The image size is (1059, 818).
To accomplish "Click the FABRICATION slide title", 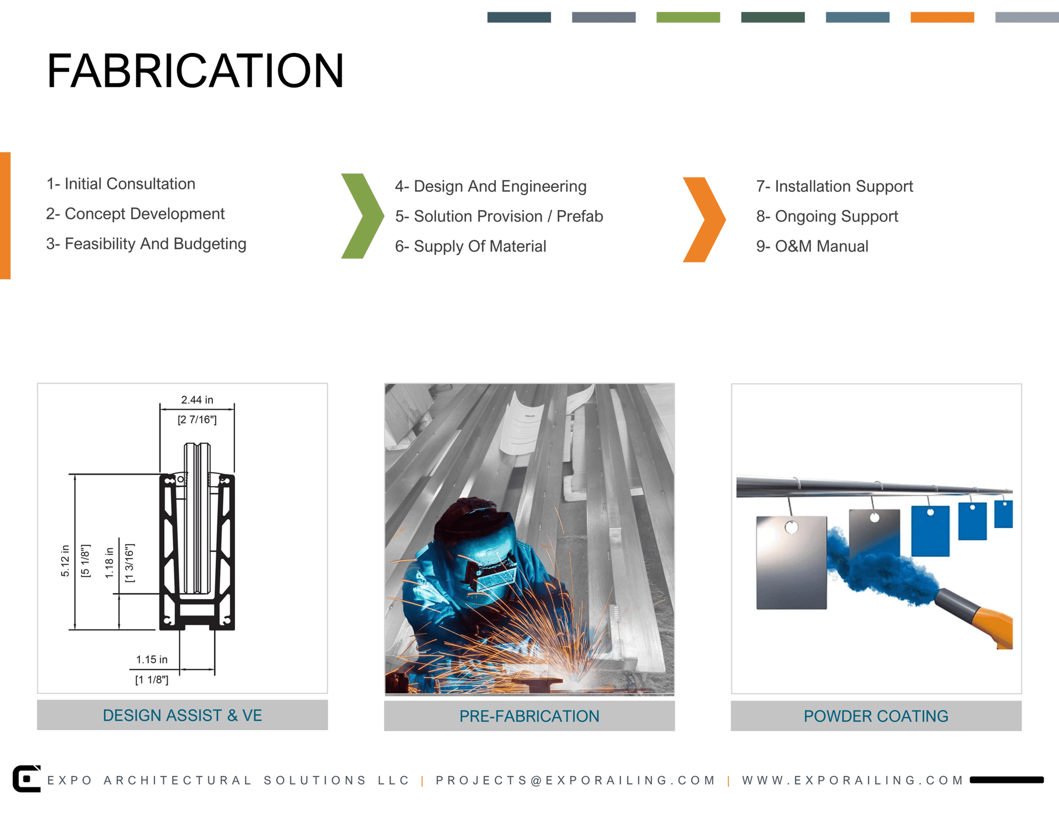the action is coord(195,71).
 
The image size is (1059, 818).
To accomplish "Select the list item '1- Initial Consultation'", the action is coord(121,184).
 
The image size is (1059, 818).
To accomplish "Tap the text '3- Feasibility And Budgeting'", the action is coord(146,244).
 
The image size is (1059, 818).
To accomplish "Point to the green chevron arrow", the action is coord(362,216).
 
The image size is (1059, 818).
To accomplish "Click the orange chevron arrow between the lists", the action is coord(704,220).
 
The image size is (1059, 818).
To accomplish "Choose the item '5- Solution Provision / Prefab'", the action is coord(499,216).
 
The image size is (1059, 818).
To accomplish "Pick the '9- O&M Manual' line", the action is coord(812,246).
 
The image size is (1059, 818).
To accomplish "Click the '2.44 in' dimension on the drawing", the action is coord(197,400).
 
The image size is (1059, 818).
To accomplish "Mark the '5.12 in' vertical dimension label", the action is coord(65,560).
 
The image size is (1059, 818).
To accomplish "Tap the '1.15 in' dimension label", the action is coord(152,660).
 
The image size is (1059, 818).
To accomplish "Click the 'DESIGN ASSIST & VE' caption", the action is coord(182,715).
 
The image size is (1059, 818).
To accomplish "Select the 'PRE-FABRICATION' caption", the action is coord(529,716).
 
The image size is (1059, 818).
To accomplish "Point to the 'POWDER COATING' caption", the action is coord(876,716).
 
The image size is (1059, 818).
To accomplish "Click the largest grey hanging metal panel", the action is coord(791,563).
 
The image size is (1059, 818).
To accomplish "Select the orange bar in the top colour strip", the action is coord(942,17).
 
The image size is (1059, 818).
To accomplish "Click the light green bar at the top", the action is coord(688,17).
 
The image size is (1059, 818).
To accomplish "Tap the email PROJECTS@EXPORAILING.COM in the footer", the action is coord(575,780).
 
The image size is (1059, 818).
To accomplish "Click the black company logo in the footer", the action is coord(26,778).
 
